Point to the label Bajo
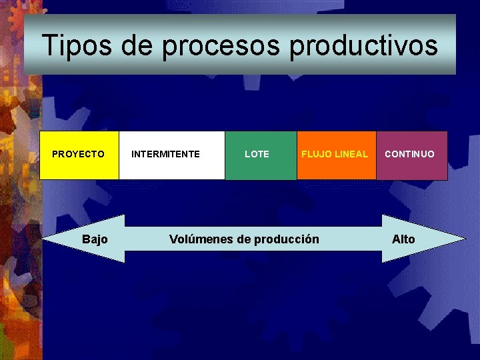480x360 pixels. coord(95,239)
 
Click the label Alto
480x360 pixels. coord(403,239)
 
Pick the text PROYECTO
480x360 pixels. coord(78,154)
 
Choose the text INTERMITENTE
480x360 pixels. coord(165,154)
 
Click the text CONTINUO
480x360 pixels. coord(409,154)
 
